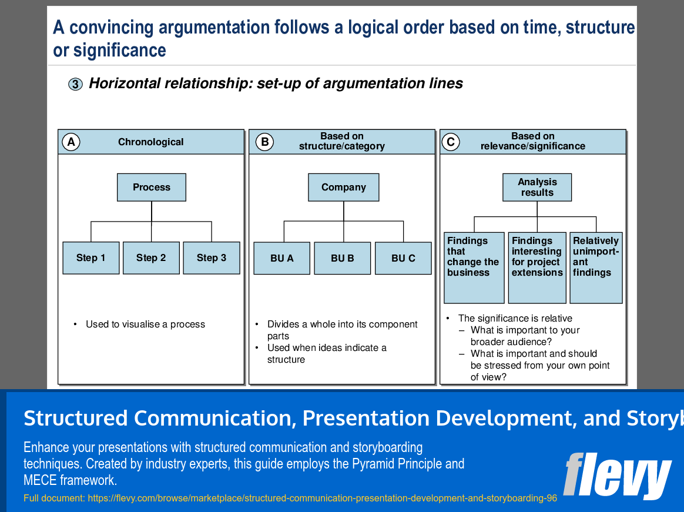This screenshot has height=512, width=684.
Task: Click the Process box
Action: [152, 188]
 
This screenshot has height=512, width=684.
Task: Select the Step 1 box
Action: [91, 258]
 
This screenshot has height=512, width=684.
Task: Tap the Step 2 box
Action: [151, 258]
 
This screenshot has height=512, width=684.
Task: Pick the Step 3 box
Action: [212, 258]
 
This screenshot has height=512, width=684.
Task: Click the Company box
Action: [344, 188]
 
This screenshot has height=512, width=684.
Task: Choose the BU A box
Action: [282, 259]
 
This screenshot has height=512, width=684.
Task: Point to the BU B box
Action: [343, 259]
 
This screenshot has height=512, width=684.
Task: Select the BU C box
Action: [403, 259]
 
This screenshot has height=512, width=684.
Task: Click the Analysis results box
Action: [537, 188]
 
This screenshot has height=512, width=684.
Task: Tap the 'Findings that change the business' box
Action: [474, 267]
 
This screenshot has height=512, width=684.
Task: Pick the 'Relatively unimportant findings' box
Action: [596, 267]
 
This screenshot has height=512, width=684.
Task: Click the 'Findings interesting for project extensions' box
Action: [537, 267]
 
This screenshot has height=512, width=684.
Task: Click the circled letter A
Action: [71, 142]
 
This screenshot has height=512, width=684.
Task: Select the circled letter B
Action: [264, 142]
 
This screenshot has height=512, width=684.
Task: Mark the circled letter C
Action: [451, 142]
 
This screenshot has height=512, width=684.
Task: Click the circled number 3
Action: [75, 85]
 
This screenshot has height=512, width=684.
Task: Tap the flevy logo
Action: [617, 475]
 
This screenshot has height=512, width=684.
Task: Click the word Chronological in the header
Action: [150, 142]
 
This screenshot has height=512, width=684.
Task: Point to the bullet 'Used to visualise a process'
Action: [145, 324]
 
